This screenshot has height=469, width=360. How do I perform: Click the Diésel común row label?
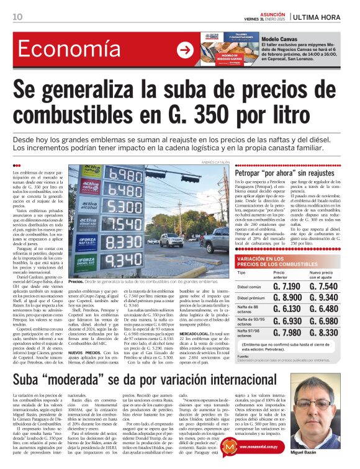(x=250, y=287)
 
